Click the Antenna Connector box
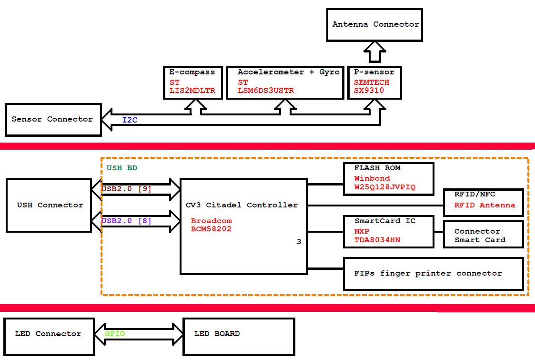point(374,24)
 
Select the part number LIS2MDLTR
point(192,91)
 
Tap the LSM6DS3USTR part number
point(266,91)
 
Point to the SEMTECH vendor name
point(371,82)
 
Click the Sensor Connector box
point(52,119)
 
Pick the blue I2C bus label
point(130,120)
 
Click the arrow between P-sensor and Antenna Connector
point(374,52)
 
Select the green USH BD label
point(122,168)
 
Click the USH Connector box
point(49,205)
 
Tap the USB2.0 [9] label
point(126,189)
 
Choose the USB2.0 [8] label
point(126,221)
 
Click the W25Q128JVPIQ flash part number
point(384,187)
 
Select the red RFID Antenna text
point(485,205)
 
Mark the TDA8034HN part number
point(377,240)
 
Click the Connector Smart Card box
point(483,235)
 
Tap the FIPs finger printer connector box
point(433,273)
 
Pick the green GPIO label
point(115,334)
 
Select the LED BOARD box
point(238,334)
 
